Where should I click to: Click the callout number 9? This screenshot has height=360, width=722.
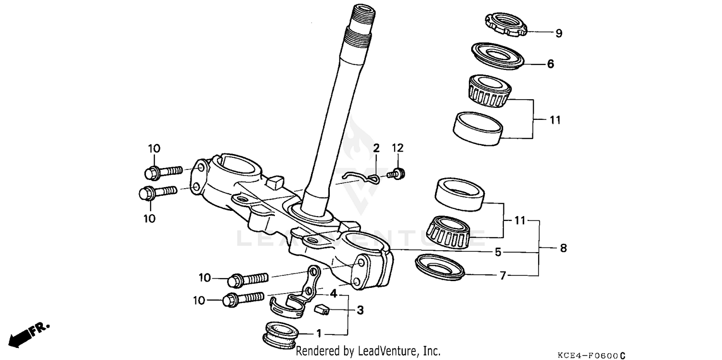click(x=558, y=33)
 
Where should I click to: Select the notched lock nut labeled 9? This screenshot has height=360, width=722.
click(x=504, y=24)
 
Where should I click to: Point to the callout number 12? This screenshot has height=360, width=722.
click(x=397, y=147)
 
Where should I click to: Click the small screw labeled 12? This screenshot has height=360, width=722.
click(x=398, y=173)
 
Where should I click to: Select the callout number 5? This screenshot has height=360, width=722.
click(x=498, y=252)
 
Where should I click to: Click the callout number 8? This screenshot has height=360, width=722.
click(x=563, y=248)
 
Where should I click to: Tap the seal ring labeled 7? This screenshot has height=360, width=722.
click(x=439, y=268)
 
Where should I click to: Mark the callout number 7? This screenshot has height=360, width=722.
click(x=503, y=276)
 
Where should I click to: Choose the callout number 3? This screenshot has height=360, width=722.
click(x=360, y=310)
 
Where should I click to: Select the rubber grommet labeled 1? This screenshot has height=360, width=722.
click(x=282, y=333)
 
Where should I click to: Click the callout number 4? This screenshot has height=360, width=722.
click(x=333, y=293)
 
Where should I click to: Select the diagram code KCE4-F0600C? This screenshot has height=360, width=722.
click(x=591, y=356)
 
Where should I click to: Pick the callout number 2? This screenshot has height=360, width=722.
click(x=376, y=147)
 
